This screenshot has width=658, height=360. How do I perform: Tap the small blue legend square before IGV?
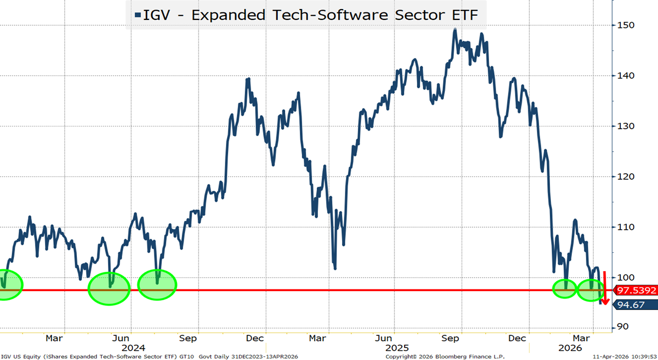pyautogui.click(x=138, y=15)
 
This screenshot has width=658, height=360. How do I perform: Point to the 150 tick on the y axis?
pyautogui.click(x=626, y=25)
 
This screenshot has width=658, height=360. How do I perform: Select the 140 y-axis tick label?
pyautogui.click(x=626, y=76)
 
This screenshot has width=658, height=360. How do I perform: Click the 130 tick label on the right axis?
pyautogui.click(x=626, y=126)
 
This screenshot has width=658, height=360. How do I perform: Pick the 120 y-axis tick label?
pyautogui.click(x=626, y=177)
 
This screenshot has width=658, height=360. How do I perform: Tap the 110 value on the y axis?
pyautogui.click(x=626, y=227)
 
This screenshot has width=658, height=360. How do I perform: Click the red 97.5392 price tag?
pyautogui.click(x=636, y=291)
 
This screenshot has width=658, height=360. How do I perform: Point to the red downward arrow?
pyautogui.click(x=605, y=288)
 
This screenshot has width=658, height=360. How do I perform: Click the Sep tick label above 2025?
pyautogui.click(x=450, y=338)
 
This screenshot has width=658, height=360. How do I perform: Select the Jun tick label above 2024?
pyautogui.click(x=121, y=338)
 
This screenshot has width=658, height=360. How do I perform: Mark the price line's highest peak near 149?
pyautogui.click(x=455, y=30)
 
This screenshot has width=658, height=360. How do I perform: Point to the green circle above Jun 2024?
pyautogui.click(x=109, y=288)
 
